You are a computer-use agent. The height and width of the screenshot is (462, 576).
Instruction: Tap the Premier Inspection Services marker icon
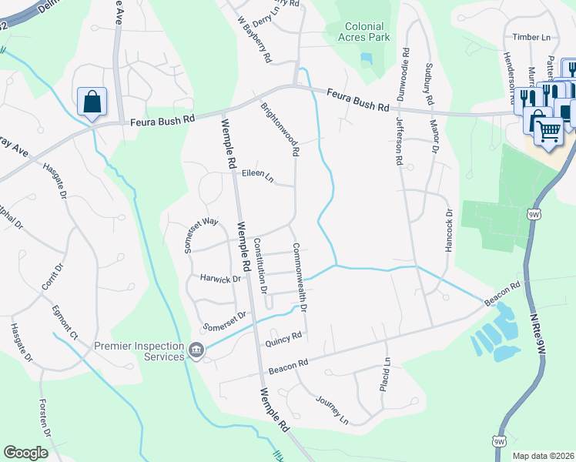[197, 351]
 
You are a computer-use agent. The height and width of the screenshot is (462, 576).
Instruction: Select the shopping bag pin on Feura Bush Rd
[92, 102]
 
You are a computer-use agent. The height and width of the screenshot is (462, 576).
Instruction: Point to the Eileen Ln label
[258, 176]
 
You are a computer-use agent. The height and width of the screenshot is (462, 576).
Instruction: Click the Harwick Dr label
[220, 279]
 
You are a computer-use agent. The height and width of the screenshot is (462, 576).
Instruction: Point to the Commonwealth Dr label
[299, 277]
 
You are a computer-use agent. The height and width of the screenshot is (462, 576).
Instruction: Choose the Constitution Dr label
[260, 266]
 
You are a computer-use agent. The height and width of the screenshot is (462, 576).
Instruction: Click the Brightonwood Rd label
[279, 129]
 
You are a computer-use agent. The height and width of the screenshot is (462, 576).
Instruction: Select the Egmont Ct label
[65, 323]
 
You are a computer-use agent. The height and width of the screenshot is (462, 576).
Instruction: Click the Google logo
[26, 453]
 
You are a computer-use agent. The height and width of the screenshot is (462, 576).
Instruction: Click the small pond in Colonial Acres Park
[365, 59]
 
